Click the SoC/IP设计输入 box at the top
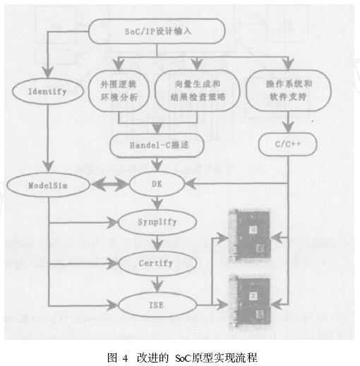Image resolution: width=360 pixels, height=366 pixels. (x=157, y=30)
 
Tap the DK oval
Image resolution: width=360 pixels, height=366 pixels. (x=156, y=185)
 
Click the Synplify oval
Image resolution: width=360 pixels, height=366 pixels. (x=157, y=224)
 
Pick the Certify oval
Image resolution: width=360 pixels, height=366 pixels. (x=157, y=264)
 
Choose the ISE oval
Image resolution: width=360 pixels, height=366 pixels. (x=157, y=304)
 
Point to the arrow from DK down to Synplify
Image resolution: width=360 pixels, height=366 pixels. (x=157, y=205)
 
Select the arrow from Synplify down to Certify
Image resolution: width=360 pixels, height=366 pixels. (x=157, y=244)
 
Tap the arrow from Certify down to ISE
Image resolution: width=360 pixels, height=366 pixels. (x=157, y=284)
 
